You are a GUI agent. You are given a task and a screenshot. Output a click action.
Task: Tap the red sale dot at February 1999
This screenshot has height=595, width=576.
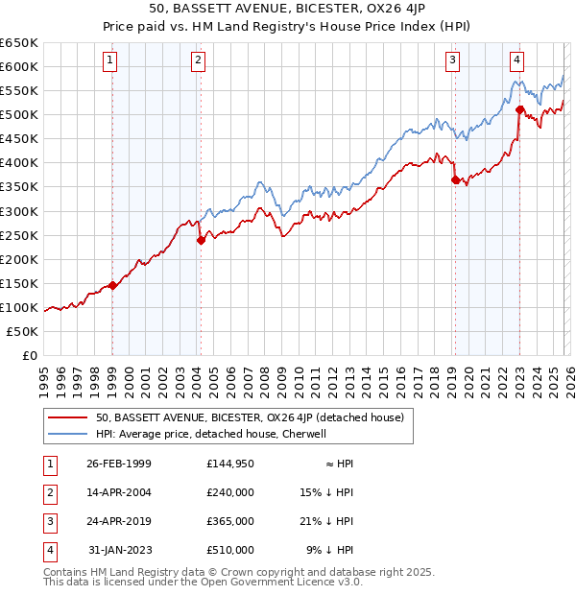[x=112, y=285]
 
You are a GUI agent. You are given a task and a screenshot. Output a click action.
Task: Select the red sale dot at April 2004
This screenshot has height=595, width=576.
[x=201, y=240]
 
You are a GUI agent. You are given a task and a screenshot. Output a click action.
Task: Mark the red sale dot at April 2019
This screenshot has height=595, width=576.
[x=455, y=178]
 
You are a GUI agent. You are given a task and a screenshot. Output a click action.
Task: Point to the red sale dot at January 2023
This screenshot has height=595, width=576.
[x=519, y=109]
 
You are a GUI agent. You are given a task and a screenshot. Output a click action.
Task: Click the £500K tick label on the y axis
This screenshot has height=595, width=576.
[x=19, y=115]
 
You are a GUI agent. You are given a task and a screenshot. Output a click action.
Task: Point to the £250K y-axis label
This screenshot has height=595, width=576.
[x=19, y=235]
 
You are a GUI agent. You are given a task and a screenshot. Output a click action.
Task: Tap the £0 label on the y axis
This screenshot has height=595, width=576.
[x=29, y=356]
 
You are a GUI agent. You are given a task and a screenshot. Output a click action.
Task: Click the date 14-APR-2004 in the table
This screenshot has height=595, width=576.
[x=119, y=492]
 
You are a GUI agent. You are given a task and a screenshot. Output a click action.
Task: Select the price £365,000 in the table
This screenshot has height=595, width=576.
[x=230, y=521]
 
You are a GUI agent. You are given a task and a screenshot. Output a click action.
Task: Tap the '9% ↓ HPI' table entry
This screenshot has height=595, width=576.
[x=330, y=550]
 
